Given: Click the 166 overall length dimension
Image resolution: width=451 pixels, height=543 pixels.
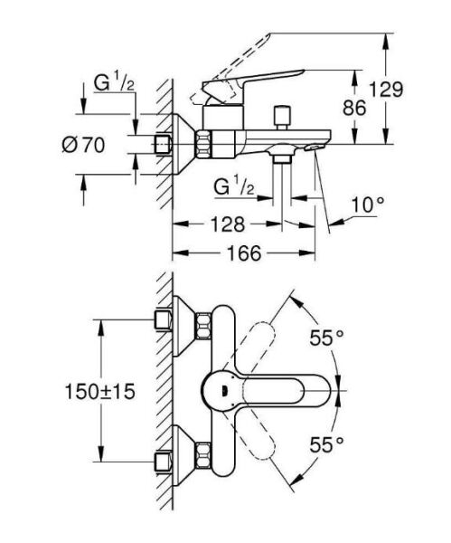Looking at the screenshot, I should (244, 255).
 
